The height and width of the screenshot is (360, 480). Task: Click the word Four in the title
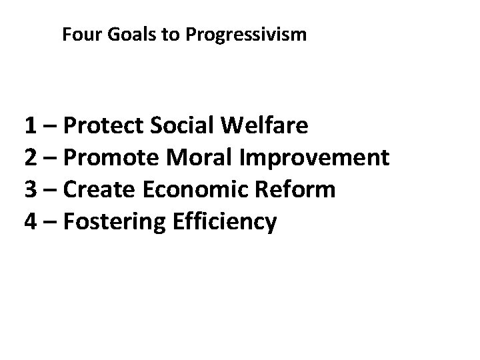click(78, 35)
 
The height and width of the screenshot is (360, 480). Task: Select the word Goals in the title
click(124, 35)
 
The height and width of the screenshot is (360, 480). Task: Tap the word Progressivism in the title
click(247, 35)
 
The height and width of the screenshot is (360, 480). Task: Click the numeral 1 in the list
click(31, 125)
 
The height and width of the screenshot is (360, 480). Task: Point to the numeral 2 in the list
click(31, 157)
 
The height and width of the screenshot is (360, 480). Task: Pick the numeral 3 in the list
click(31, 189)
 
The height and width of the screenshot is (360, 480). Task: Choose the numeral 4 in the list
click(31, 221)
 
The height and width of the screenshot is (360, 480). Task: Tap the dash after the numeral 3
click(52, 191)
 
